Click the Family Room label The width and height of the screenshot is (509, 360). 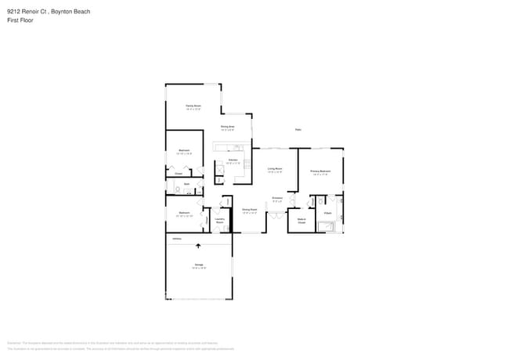(193, 105)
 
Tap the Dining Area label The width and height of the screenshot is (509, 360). (228, 127)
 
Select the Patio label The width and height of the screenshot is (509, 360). (298, 130)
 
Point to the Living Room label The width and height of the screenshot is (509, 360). (274, 168)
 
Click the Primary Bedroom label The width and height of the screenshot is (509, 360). (320, 171)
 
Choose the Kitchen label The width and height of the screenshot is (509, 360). (233, 160)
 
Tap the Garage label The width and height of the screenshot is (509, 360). (199, 265)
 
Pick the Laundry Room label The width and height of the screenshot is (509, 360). (220, 221)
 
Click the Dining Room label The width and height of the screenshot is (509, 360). (250, 210)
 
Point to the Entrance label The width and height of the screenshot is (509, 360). (277, 199)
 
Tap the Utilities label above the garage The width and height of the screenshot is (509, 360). (177, 239)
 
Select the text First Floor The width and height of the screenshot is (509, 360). (20, 20)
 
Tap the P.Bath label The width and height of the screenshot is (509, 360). (328, 213)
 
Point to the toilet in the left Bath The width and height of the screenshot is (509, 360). (179, 190)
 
